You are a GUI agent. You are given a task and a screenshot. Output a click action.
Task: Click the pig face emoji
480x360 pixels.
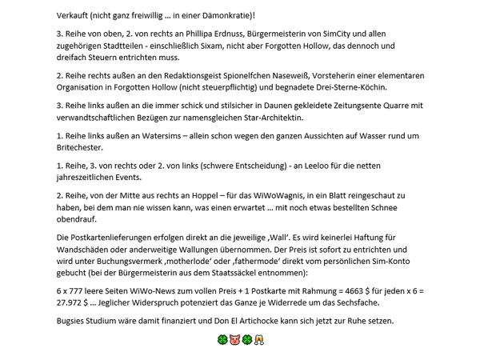[234, 341]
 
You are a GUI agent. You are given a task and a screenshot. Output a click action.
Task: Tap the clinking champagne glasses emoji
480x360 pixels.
[260, 341]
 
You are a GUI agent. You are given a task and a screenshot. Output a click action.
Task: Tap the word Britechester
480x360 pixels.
[85, 148]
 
